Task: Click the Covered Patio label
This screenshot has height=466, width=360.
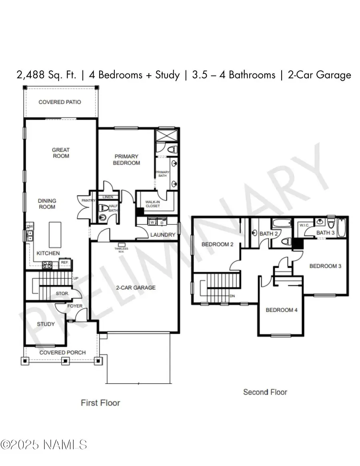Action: point(60,102)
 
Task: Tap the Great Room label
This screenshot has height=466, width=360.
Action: point(60,153)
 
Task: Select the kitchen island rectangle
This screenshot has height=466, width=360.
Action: point(55,235)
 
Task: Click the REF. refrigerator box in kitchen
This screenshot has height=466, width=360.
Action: point(64,263)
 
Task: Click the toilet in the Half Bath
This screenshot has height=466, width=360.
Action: point(102,208)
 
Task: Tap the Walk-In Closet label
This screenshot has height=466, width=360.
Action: point(152,204)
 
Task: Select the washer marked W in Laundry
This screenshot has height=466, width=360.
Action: point(152,222)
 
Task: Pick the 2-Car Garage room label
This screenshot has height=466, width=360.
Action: point(135,287)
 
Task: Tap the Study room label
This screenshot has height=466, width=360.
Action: point(46,324)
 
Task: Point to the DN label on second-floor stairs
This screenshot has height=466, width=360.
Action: point(232,296)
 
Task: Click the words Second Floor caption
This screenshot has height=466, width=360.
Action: point(265,392)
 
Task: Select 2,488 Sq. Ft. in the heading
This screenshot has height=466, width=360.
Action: point(46,75)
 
